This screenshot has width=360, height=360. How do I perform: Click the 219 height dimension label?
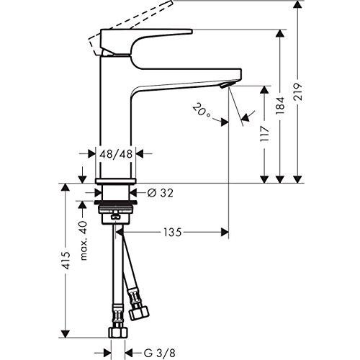tap(298, 92)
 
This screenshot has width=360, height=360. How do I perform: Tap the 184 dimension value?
tap(279, 105)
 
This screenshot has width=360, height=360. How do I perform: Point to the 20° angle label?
tap(201, 109)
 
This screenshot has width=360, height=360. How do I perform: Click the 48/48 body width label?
tap(116, 154)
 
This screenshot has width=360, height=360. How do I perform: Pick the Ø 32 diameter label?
tap(160, 192)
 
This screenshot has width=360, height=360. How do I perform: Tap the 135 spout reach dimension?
tap(172, 232)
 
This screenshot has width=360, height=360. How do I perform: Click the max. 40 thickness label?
tap(83, 240)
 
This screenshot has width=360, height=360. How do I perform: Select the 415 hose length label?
tap(65, 261)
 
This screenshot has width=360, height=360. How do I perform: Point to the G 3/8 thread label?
tap(159, 353)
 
